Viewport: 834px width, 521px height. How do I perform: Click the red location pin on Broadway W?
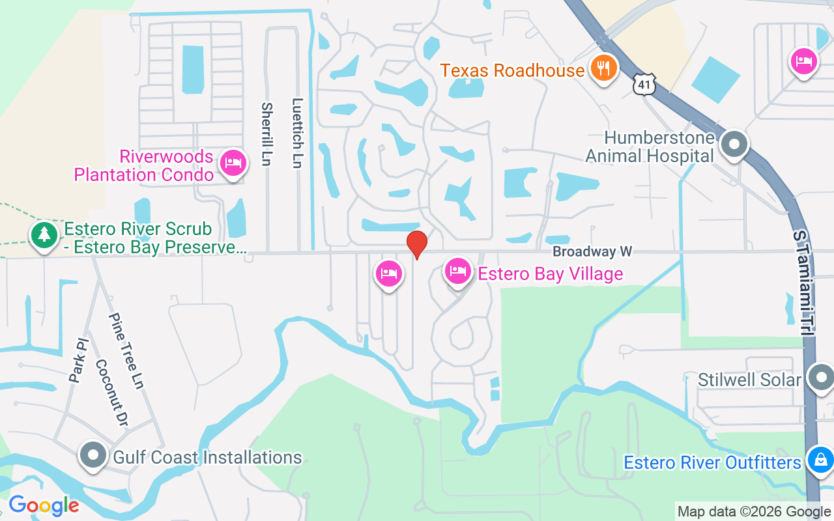(417, 244)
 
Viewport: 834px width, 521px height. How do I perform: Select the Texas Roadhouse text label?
(512, 70)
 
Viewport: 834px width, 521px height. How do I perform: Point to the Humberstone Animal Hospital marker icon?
(735, 145)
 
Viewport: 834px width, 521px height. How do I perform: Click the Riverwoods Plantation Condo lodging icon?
(233, 163)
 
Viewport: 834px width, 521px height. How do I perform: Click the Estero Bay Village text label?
(551, 274)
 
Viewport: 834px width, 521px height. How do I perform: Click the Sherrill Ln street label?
(266, 134)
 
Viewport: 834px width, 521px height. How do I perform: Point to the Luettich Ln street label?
(298, 134)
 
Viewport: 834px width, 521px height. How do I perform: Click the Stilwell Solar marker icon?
(820, 378)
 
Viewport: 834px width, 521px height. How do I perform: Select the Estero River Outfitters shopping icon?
(820, 460)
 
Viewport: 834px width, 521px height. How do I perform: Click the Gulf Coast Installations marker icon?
(93, 455)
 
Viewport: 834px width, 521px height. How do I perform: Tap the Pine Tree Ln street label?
(126, 351)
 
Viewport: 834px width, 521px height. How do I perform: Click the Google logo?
(44, 505)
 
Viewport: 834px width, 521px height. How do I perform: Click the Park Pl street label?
(78, 359)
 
